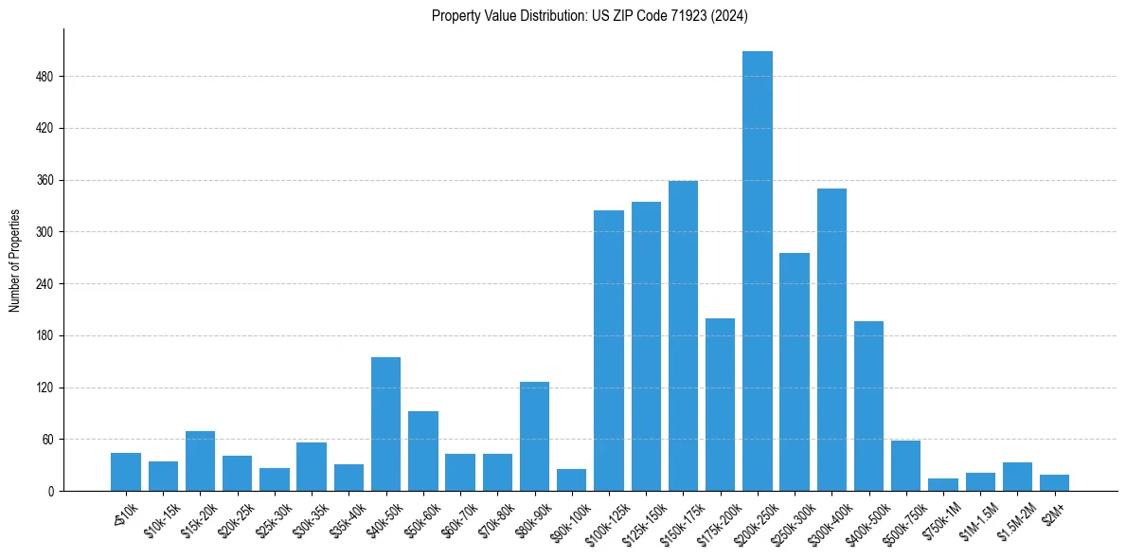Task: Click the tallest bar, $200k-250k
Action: (758, 271)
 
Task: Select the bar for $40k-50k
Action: (385, 424)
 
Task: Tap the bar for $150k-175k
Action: (683, 335)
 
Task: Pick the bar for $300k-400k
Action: (831, 339)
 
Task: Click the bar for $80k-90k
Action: (534, 436)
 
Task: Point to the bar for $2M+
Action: (1054, 482)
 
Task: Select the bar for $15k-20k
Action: (200, 460)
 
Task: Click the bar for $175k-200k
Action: (720, 405)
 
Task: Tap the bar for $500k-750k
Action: (905, 465)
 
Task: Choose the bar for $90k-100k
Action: (571, 479)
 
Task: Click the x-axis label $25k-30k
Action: (273, 520)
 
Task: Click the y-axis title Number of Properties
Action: (14, 260)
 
